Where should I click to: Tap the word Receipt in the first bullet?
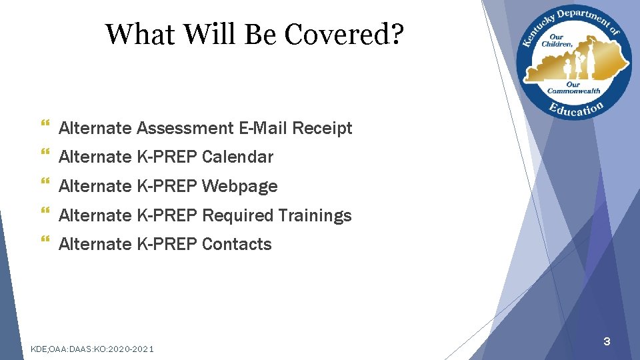[322, 128]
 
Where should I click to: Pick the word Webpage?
[239, 186]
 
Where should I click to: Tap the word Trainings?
[315, 215]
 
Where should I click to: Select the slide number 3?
[607, 342]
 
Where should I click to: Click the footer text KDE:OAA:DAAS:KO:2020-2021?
[93, 349]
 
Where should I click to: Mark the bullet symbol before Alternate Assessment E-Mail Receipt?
[45, 127]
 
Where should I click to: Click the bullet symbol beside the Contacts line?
[45, 243]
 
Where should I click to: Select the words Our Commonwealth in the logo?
[573, 87]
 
